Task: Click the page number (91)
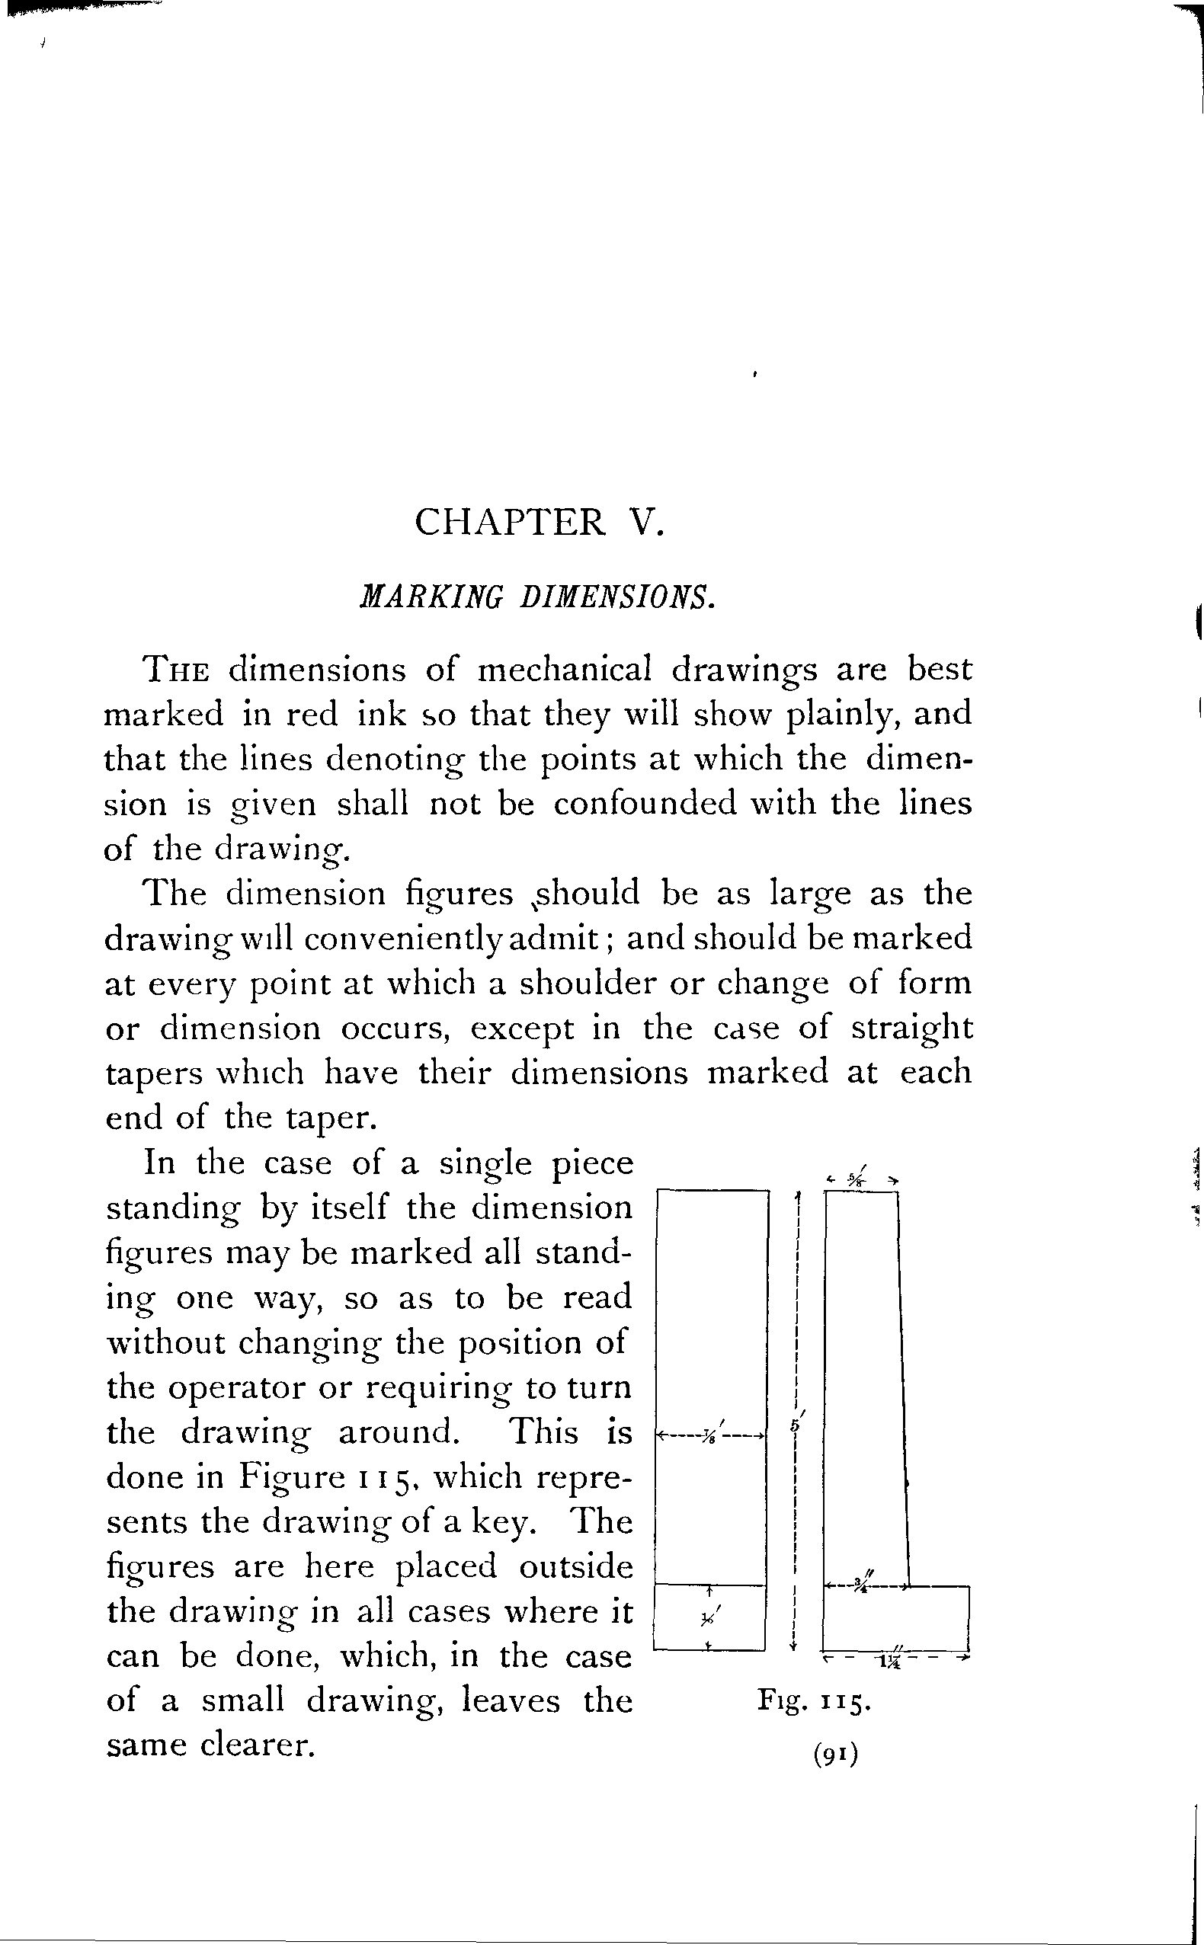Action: click(835, 1755)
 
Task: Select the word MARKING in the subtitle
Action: click(431, 597)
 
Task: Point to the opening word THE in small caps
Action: click(176, 670)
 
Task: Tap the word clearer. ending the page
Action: click(258, 1745)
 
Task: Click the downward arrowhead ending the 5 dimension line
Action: click(794, 1646)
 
